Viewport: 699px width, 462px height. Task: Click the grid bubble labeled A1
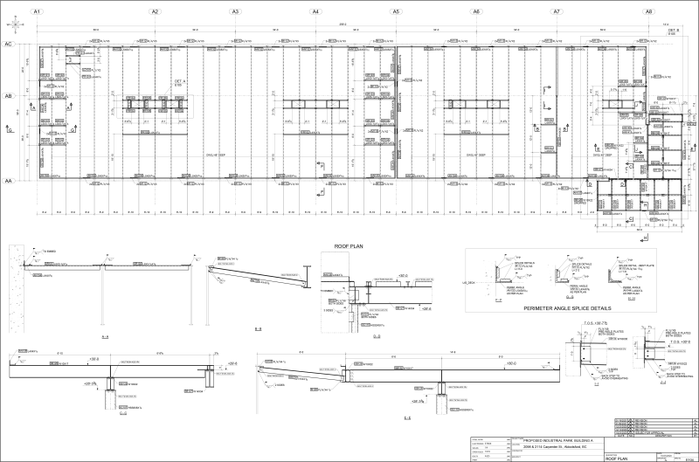[35, 12]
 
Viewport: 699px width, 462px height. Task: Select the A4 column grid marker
[315, 12]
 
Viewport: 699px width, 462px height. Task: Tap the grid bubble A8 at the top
[648, 12]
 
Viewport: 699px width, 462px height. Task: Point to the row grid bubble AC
[8, 44]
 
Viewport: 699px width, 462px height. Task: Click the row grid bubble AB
[8, 97]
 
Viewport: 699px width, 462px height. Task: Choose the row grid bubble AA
[8, 181]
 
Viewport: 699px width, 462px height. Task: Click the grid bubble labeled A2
[155, 12]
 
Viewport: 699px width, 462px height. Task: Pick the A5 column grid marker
[396, 12]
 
